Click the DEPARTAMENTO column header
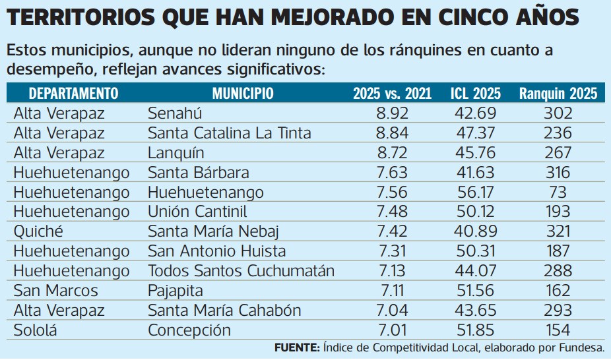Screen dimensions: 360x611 73,93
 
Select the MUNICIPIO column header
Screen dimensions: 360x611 243,93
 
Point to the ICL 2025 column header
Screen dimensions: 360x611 475,93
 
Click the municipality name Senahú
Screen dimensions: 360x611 175,113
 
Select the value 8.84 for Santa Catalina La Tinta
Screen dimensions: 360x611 392,133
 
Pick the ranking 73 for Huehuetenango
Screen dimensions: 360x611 558,193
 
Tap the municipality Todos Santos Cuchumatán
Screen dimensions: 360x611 241,271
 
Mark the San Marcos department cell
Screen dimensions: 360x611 55,291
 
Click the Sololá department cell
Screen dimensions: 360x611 36,330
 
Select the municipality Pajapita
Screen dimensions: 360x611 176,291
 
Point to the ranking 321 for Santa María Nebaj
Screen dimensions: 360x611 558,231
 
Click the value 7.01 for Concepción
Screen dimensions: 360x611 392,330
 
